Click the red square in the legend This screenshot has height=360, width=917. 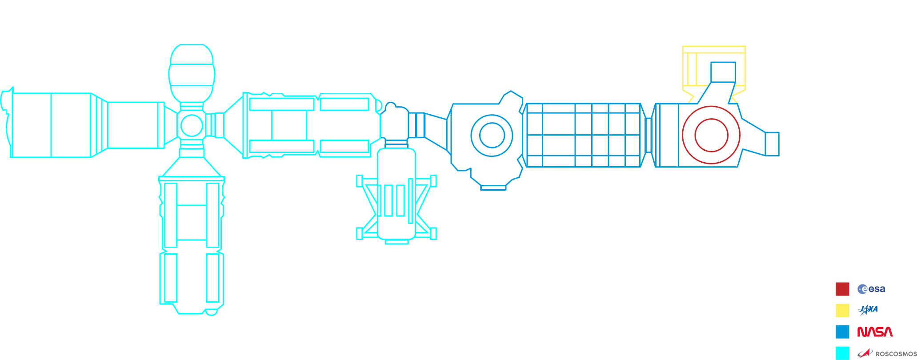(x=842, y=289)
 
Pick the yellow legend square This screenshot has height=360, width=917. (x=842, y=310)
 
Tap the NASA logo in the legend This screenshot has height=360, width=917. (x=875, y=332)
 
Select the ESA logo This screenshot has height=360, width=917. (x=871, y=289)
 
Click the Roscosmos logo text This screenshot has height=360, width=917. (x=895, y=354)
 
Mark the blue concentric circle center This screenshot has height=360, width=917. (x=492, y=136)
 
